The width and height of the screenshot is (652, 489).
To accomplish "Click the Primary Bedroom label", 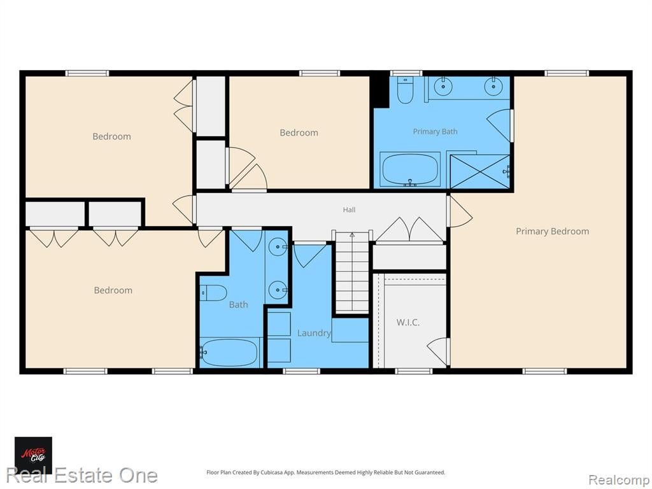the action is click(x=552, y=231).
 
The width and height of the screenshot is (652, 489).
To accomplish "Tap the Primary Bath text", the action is click(x=435, y=131).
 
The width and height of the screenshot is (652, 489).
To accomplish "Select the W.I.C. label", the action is click(x=407, y=322).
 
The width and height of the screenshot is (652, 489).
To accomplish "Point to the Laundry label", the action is click(x=314, y=333).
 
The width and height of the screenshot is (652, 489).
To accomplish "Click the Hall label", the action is click(x=349, y=210).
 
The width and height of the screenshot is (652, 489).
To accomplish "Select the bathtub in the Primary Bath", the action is click(x=410, y=169).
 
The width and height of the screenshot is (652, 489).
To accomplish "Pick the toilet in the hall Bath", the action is click(x=213, y=293).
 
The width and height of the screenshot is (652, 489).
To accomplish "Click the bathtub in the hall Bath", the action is click(x=229, y=352).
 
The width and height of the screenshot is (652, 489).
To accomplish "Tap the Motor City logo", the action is click(x=34, y=455).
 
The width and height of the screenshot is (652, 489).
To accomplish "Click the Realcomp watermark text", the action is click(x=618, y=480).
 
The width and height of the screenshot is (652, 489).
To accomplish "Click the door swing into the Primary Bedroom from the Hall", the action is click(x=460, y=211).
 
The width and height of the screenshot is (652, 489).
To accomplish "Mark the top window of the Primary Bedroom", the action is click(x=567, y=74).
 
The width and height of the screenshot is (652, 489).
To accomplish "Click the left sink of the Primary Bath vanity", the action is click(x=443, y=86).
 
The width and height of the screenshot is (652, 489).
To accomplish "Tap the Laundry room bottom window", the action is click(x=301, y=371).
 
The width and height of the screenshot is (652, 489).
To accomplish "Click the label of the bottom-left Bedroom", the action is click(x=113, y=290).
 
